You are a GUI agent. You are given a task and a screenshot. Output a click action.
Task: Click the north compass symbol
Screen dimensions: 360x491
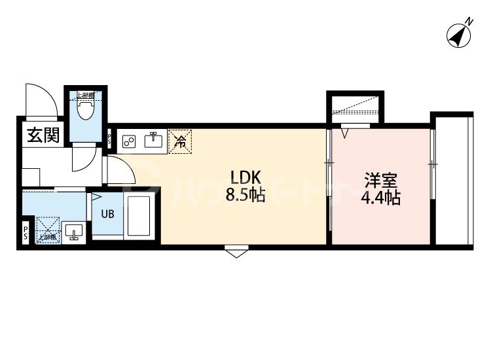coord(460,34)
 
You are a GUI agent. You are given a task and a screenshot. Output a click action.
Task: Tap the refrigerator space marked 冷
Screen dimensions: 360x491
coord(179,140)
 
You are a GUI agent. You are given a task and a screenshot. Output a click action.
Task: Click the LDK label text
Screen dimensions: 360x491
coord(245,177)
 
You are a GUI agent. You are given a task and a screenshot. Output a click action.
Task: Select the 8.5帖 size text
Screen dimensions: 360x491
coord(245,194)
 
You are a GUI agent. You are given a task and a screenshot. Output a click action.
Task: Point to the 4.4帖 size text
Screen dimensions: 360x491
coord(380,198)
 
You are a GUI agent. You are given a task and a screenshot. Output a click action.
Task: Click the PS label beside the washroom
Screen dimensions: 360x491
coord(26,233)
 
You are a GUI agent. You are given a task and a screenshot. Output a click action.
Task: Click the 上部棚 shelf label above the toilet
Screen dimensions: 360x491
coord(86,96)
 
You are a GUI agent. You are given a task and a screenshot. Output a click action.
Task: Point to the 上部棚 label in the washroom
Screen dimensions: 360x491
coord(46,236)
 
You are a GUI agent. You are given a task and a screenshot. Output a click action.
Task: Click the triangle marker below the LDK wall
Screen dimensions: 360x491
coord(235,253)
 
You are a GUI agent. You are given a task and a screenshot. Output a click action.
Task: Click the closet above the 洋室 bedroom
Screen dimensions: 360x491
coord(355,108)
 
